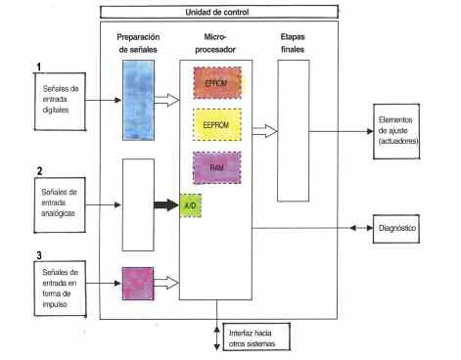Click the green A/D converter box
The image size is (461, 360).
191,207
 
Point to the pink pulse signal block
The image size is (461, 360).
138,284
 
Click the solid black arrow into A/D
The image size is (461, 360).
167,206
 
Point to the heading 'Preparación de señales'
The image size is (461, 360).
139,43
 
